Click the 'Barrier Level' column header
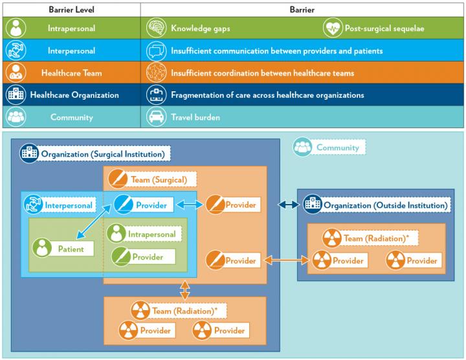(71, 10)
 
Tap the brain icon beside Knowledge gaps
(156, 28)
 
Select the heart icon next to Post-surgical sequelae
(333, 28)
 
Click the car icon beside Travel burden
(156, 117)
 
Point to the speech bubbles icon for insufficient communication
(156, 51)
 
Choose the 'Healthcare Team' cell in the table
(71, 73)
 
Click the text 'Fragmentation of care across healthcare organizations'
(267, 95)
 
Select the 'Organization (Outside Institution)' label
(377, 205)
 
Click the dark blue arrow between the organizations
(289, 205)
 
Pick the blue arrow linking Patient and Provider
(94, 221)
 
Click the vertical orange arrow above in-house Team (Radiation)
(185, 289)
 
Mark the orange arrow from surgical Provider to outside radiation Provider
(287, 260)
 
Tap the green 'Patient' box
(63, 248)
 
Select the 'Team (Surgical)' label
(152, 179)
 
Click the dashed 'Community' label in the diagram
(329, 147)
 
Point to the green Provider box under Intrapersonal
(143, 256)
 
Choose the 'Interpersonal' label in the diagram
(60, 205)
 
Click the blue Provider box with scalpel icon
(144, 205)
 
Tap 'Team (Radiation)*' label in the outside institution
(370, 238)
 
